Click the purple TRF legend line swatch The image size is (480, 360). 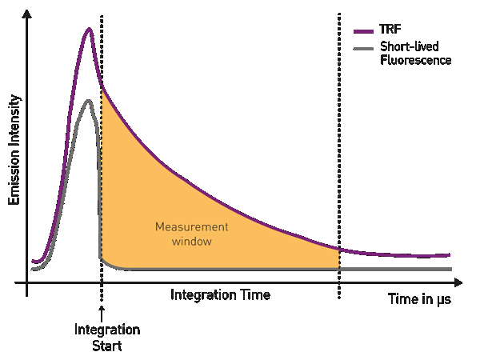point(363,31)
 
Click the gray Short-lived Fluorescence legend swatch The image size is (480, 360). point(363,50)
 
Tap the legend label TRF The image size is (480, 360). point(390,30)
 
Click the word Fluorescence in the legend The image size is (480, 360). point(416,60)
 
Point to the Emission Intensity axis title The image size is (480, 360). point(14,150)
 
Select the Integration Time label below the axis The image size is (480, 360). point(220,295)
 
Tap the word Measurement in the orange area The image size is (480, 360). point(191,226)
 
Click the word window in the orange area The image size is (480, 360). point(192,240)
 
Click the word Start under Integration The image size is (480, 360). point(107,346)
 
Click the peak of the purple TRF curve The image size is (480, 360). point(89,30)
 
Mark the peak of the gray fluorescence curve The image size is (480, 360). point(88,101)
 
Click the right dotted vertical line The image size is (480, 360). point(339,160)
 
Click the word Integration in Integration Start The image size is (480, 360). point(107,330)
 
